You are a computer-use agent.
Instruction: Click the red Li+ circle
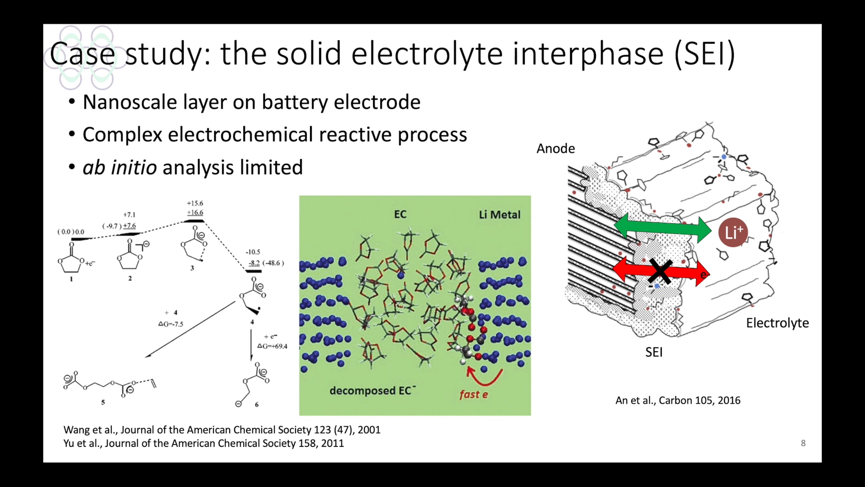click(x=733, y=232)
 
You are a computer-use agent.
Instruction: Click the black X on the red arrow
click(x=660, y=271)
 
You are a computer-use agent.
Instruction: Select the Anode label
click(x=556, y=149)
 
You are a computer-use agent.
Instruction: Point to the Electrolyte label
click(x=777, y=323)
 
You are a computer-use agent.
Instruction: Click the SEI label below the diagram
click(x=654, y=352)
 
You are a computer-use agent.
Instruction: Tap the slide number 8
click(x=803, y=443)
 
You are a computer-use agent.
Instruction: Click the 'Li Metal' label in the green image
click(x=500, y=215)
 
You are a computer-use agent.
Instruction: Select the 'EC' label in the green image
click(x=400, y=214)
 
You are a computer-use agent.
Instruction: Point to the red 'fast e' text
click(x=474, y=394)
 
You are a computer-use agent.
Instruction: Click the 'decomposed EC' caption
click(x=372, y=390)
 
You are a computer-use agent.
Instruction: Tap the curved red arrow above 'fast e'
click(x=483, y=376)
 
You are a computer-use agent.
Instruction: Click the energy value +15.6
click(x=195, y=203)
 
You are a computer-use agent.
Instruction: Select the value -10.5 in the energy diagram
click(x=253, y=252)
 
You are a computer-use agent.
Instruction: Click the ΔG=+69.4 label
click(x=272, y=346)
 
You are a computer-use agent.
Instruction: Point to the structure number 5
click(x=103, y=402)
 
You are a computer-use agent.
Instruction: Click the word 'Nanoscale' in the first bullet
click(x=130, y=102)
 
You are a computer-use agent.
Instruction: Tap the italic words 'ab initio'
click(x=120, y=167)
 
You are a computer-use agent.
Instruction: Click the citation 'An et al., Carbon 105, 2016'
click(x=678, y=400)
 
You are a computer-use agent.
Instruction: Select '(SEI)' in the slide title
click(x=704, y=54)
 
